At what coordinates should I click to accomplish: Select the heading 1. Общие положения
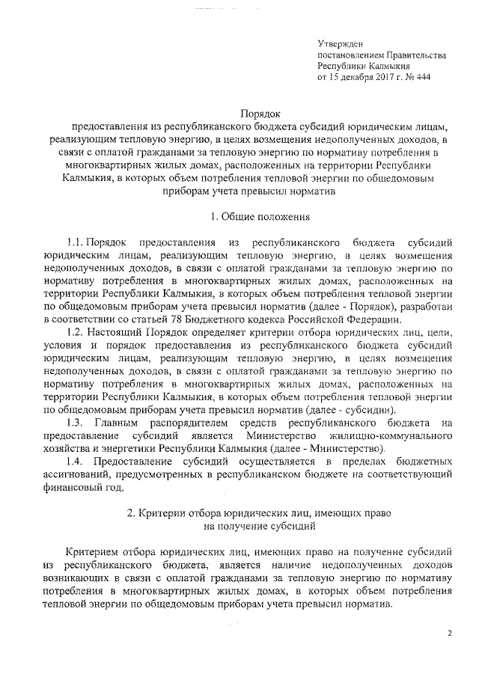click(260, 218)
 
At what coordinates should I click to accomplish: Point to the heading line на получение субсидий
click(260, 527)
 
